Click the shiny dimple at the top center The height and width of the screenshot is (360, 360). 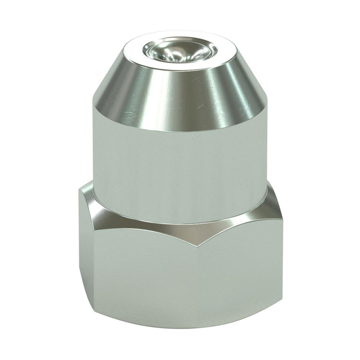click(177, 50)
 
